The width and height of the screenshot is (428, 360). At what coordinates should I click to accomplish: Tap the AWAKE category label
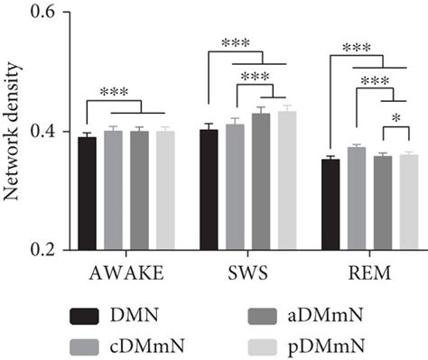[126, 270]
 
